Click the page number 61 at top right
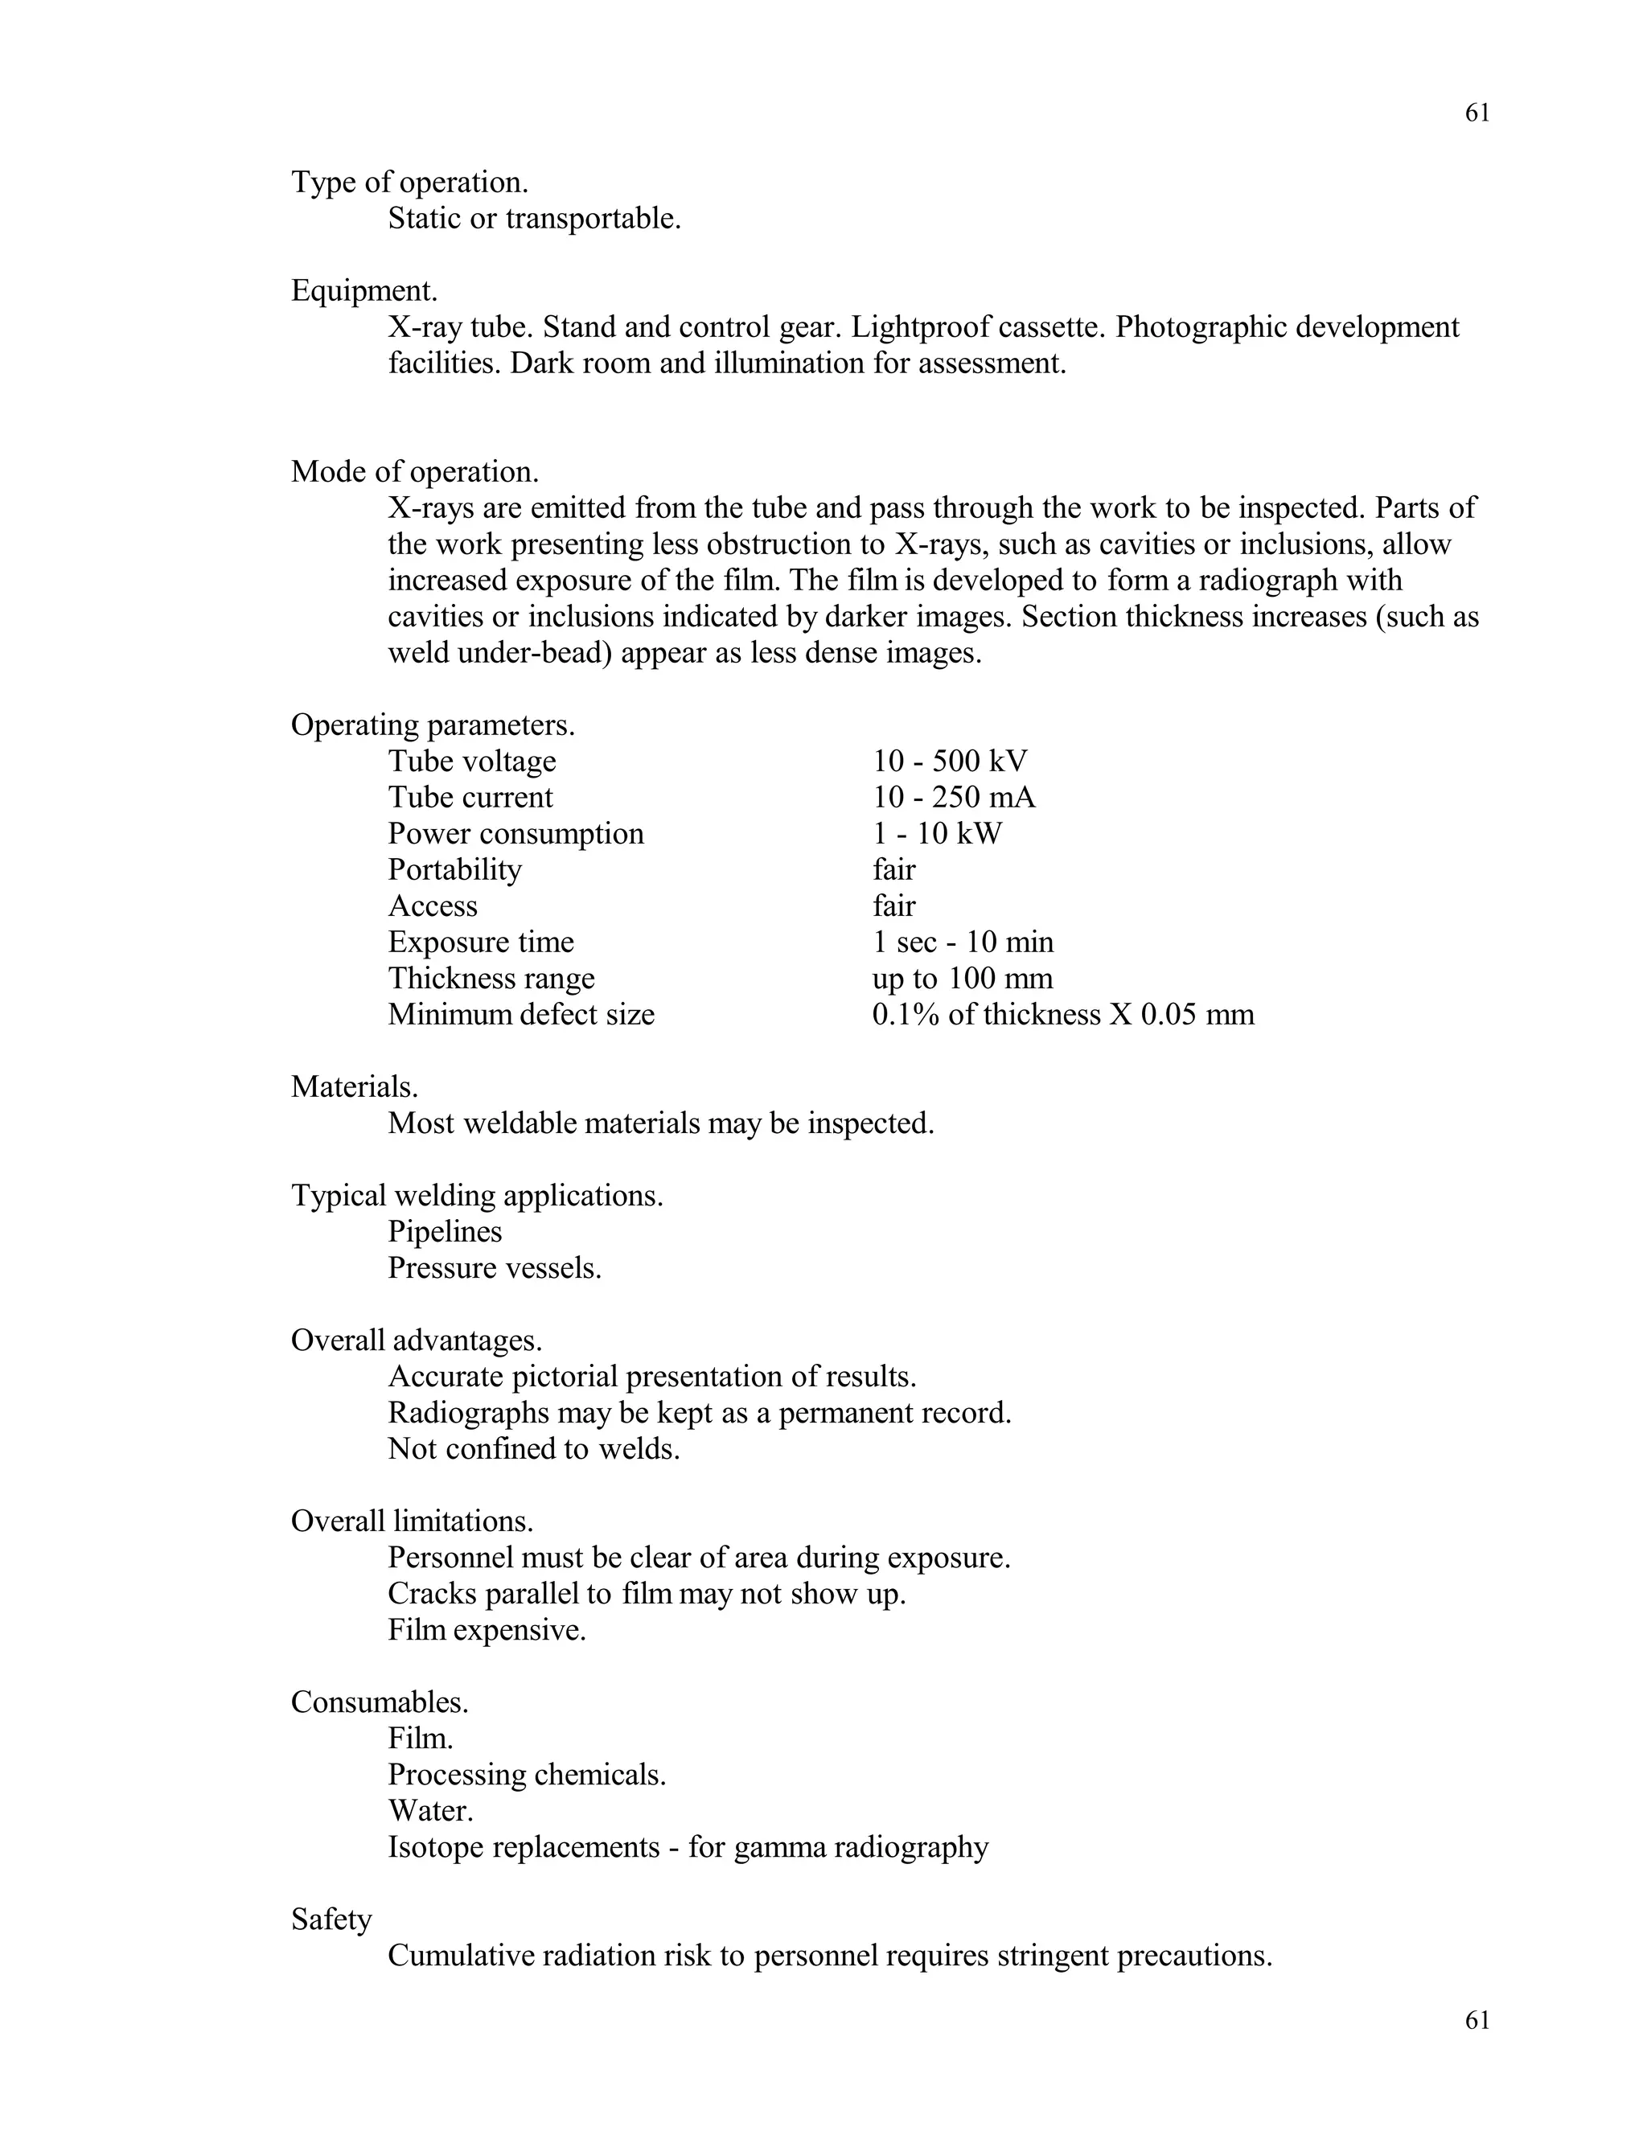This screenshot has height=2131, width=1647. click(x=1477, y=113)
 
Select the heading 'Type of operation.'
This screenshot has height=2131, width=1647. click(x=410, y=183)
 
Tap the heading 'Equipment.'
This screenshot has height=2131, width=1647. click(x=364, y=291)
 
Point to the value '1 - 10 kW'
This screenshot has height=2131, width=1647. click(x=937, y=833)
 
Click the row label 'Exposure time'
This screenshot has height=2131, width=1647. click(x=481, y=942)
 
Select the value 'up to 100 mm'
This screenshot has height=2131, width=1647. click(x=962, y=979)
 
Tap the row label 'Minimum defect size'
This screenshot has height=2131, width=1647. click(x=521, y=1015)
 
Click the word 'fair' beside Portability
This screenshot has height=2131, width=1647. click(x=893, y=869)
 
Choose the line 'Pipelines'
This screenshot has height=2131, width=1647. click(x=445, y=1231)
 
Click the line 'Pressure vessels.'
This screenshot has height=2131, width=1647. click(x=495, y=1267)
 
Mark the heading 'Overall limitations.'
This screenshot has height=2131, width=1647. click(x=412, y=1521)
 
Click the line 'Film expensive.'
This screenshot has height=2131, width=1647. click(x=487, y=1629)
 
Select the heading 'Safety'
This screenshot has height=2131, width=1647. click(x=332, y=1920)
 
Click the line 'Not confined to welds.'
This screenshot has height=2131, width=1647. click(x=534, y=1449)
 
